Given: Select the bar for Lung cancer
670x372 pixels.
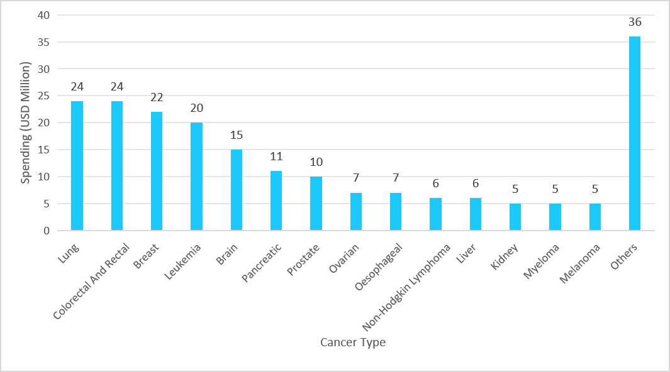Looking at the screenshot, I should pyautogui.click(x=77, y=166).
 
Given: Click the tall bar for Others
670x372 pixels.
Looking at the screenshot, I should pyautogui.click(x=634, y=133).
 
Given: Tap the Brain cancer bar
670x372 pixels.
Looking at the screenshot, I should pyautogui.click(x=236, y=190).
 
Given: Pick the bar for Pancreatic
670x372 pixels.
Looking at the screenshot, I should pyautogui.click(x=276, y=200).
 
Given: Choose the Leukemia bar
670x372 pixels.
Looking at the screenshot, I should pyautogui.click(x=196, y=177).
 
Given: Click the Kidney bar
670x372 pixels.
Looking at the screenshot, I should pyautogui.click(x=515, y=217).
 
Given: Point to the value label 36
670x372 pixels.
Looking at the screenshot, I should pyautogui.click(x=634, y=22).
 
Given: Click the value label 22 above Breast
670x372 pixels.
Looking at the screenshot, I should pyautogui.click(x=157, y=97).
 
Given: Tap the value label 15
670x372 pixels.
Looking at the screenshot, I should pyautogui.click(x=236, y=135).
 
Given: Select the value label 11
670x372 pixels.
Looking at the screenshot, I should pyautogui.click(x=276, y=156).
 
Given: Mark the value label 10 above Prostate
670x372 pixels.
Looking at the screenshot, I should pyautogui.click(x=316, y=162).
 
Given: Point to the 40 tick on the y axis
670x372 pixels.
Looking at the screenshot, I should pyautogui.click(x=43, y=15).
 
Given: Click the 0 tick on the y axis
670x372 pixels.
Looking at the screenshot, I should pyautogui.click(x=46, y=231).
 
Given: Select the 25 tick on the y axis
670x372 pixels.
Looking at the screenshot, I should pyautogui.click(x=43, y=96).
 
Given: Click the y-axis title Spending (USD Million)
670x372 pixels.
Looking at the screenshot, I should pyautogui.click(x=26, y=123).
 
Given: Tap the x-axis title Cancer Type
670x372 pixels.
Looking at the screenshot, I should pyautogui.click(x=352, y=342).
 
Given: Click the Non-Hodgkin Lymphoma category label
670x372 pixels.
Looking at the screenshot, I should pyautogui.click(x=406, y=286).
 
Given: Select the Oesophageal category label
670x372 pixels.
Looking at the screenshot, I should pyautogui.click(x=378, y=269).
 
